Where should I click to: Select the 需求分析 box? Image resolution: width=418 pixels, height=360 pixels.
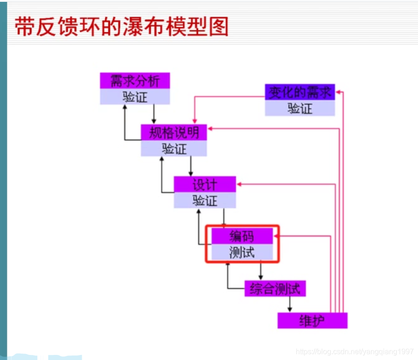point(135,81)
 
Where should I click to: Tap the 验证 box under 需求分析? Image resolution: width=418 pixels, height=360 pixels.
point(135,96)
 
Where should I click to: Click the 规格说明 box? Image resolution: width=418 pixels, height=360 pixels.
point(173,133)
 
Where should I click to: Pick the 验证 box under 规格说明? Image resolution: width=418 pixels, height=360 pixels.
point(173,149)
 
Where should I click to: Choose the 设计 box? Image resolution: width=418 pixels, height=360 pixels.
point(204,185)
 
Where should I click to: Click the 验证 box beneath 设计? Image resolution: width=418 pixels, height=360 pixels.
point(204,200)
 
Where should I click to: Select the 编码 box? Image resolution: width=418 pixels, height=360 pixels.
point(242,237)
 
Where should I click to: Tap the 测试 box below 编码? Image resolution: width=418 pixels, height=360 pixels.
point(242,252)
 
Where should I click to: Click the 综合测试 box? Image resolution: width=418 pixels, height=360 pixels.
point(275,289)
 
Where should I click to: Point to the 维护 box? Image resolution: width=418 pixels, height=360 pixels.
point(312,320)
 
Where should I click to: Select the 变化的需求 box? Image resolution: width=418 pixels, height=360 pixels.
point(299,92)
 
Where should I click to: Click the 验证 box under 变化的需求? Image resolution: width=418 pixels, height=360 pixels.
point(299,108)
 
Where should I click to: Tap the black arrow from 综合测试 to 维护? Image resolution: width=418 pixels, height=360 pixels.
point(290,304)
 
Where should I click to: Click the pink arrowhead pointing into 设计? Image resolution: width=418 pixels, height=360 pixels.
point(239,185)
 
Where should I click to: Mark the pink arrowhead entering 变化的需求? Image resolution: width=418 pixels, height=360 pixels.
point(338,92)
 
